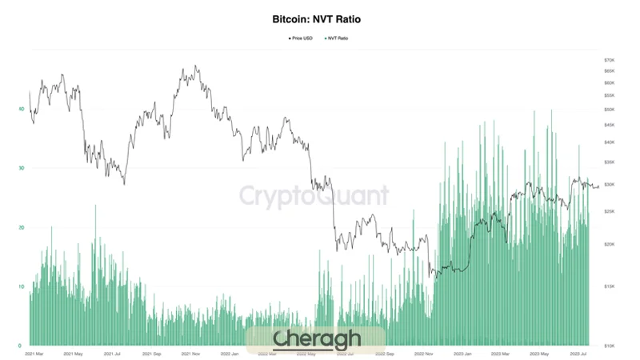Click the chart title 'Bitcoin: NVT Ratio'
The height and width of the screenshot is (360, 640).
pos(320,17)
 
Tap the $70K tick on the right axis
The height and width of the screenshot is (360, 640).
pos(609,60)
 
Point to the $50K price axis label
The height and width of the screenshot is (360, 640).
pos(609,109)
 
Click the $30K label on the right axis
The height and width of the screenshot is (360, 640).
pos(609,185)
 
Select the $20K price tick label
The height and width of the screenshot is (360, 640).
pos(609,244)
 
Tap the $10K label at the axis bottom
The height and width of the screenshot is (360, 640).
pos(609,346)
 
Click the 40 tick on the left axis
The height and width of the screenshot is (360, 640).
pos(22,109)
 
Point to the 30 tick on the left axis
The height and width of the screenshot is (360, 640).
pos(22,168)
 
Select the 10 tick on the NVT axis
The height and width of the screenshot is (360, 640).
pos(22,286)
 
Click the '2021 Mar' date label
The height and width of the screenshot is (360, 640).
pos(34,353)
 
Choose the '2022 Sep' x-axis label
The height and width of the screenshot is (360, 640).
pos(386,353)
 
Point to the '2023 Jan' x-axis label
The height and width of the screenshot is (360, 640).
pos(465,353)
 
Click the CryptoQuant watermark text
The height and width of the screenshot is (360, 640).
pos(315,195)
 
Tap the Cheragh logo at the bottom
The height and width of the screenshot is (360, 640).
pos(316,339)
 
